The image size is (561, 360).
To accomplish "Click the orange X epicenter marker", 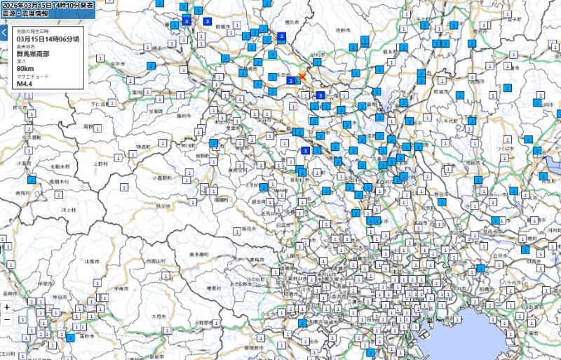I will (302, 76).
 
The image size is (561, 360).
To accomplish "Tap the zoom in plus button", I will (6, 307).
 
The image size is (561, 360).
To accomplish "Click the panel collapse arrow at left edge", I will (4, 32).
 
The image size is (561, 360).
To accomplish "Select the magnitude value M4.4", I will (25, 84).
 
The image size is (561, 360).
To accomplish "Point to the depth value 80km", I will (25, 69).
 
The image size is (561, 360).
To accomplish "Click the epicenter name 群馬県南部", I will (33, 54).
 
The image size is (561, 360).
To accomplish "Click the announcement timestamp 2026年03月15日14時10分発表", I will (48, 5).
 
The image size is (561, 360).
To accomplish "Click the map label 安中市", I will (117, 65).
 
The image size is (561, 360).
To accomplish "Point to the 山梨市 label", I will (92, 260).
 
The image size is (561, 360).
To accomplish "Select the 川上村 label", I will (68, 210).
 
